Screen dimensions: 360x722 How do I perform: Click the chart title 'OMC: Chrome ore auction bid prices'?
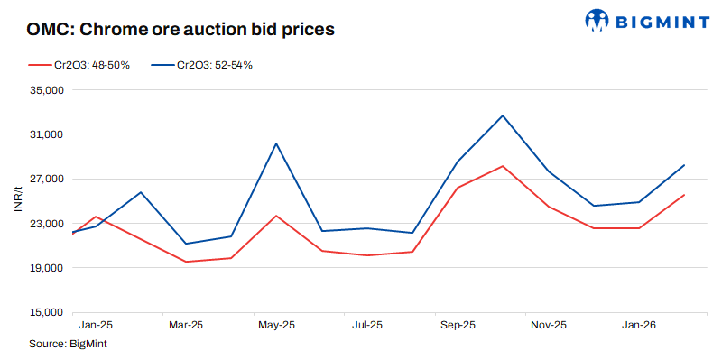[x=181, y=29]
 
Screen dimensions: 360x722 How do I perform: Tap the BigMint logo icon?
[x=597, y=19]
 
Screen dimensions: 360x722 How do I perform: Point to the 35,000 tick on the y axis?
[x=44, y=90]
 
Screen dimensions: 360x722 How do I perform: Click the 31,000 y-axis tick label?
[x=44, y=134]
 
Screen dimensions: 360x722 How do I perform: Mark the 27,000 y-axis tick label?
[x=44, y=179]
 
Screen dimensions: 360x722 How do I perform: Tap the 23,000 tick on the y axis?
[x=44, y=224]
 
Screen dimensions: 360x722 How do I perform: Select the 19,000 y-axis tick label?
[x=44, y=268]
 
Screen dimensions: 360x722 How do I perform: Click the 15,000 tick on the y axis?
[x=44, y=312]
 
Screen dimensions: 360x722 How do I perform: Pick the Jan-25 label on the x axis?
[x=96, y=325]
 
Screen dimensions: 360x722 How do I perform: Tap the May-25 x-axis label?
[x=276, y=325]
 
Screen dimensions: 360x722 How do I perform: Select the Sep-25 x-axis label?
[x=458, y=325]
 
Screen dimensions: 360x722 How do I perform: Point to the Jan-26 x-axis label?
[x=639, y=325]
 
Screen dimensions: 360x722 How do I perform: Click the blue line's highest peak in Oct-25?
[x=503, y=115]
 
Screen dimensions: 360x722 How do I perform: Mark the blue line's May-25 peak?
[x=276, y=143]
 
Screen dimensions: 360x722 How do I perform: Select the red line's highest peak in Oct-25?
[x=503, y=166]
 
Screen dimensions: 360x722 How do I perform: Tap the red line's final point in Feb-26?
[x=684, y=195]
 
